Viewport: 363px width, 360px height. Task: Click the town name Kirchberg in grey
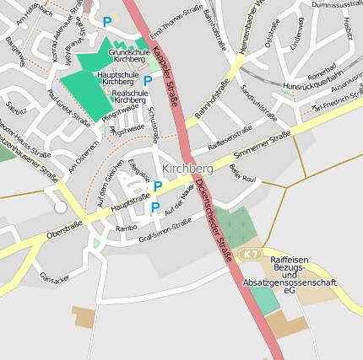point(187,169)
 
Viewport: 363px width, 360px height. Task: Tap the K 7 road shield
point(250,254)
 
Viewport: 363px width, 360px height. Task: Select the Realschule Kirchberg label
point(129,97)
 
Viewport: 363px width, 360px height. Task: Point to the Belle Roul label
point(242,173)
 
